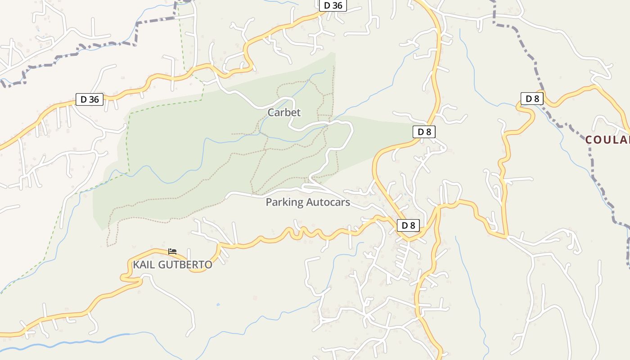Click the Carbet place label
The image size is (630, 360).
coord(284,112)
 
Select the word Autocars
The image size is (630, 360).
coord(328,202)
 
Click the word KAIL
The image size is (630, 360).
coord(143,265)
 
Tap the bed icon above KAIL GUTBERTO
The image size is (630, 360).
coord(172,251)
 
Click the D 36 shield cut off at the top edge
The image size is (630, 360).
coord(333,5)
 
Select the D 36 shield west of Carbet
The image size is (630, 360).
coord(90,99)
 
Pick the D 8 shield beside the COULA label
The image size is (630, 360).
coord(532,99)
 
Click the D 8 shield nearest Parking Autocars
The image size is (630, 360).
coord(409,225)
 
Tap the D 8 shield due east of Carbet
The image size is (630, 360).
coord(424,132)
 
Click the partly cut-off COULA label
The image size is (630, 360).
coord(607,140)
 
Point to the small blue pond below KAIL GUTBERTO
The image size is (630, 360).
coord(218,305)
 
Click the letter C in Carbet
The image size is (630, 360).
coord(271,112)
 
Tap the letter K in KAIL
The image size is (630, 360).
coord(135,265)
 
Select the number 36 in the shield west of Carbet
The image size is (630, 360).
coord(93,99)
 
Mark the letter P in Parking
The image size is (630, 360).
coord(269,202)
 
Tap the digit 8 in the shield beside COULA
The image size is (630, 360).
coord(536,99)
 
